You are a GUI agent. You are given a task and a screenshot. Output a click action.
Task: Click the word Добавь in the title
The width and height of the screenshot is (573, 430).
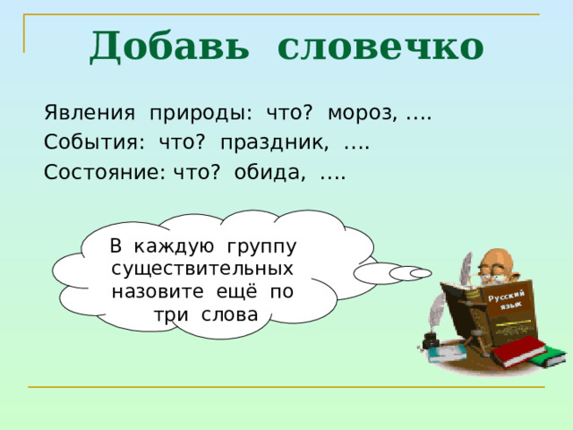169,46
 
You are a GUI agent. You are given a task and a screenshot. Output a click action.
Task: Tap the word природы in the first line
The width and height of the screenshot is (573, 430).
201,114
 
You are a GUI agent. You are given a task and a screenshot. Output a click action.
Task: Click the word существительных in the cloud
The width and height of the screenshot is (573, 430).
202,268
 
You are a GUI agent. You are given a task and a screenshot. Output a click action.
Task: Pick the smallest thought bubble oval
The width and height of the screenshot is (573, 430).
421,273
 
